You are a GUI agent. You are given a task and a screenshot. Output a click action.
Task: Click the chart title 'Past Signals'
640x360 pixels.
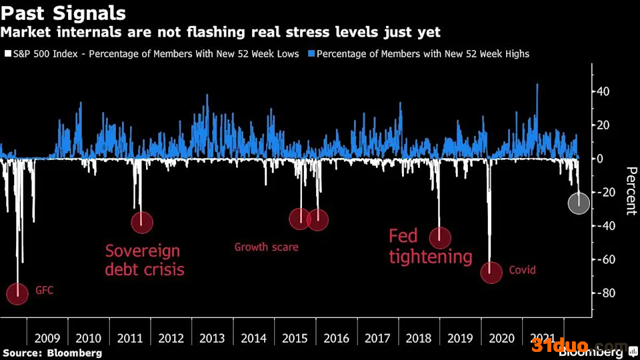63,13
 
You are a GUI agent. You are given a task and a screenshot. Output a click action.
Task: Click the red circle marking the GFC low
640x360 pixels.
17,294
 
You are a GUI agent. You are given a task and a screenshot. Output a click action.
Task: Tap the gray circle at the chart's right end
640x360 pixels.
579,203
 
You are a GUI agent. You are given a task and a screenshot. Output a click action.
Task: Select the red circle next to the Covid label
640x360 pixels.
491,272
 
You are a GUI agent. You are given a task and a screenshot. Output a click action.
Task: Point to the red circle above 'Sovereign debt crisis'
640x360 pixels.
142,223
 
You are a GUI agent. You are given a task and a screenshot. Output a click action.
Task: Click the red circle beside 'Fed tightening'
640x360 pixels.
440,238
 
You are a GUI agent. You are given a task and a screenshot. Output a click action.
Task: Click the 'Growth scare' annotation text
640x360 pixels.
266,247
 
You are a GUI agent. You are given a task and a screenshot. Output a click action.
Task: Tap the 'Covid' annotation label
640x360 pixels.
522,270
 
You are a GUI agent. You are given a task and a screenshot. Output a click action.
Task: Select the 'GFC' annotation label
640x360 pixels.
44,290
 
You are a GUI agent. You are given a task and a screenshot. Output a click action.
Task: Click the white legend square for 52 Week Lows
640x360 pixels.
8,53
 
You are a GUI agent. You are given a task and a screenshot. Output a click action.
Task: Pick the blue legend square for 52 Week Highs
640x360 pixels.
311,53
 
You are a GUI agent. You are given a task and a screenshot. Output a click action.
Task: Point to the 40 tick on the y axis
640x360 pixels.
603,91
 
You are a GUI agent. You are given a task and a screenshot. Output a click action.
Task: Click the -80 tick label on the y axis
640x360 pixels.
604,293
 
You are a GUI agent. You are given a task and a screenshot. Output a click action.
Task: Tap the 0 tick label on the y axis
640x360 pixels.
599,159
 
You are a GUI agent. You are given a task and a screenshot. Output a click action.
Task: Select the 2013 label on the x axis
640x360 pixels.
212,339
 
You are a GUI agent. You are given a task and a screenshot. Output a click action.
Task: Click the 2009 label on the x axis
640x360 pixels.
47,339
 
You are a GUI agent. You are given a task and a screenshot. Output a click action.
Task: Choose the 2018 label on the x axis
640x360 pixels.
419,339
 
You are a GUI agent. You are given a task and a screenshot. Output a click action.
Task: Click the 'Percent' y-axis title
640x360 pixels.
631,191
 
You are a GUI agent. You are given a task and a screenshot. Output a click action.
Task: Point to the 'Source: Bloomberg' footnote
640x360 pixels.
52,353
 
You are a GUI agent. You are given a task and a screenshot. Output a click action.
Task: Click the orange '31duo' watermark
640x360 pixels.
559,346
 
